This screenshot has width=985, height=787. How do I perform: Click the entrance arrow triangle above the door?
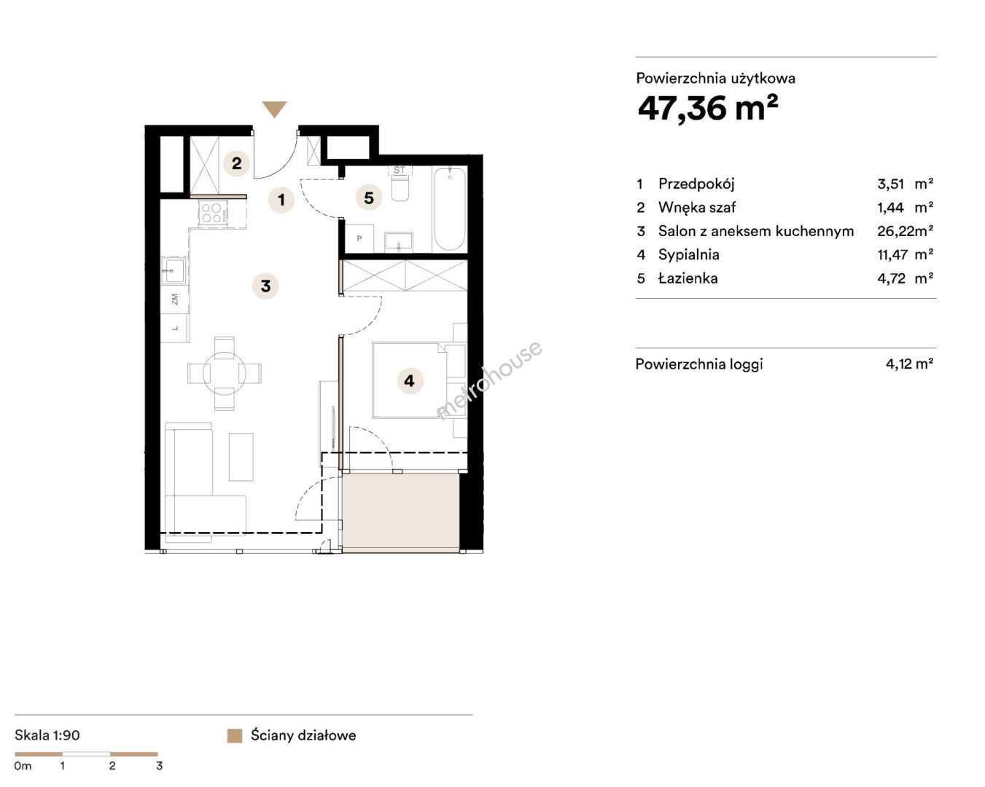pos(274,109)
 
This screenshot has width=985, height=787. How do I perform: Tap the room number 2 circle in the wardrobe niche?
pos(237,163)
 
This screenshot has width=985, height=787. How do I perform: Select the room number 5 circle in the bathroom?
pos(369,198)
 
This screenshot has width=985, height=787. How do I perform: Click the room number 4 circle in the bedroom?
pos(409,380)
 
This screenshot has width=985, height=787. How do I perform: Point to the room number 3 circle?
pos(265,286)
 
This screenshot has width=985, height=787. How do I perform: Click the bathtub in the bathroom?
pos(450,209)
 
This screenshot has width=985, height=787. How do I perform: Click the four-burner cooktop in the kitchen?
pos(214,213)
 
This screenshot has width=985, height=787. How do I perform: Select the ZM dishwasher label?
pos(174,299)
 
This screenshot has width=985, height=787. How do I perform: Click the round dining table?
pos(225,373)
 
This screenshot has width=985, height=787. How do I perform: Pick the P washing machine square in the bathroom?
pos(359,238)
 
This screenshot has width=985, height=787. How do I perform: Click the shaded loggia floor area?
pos(401,512)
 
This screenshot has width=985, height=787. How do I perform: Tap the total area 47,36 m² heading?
pos(708,109)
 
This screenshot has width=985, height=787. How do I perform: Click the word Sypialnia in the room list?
pos(689,255)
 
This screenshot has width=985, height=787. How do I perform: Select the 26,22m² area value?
pos(905,231)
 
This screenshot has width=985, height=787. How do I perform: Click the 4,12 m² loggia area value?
pos(909,364)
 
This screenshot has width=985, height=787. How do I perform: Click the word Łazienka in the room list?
pos(688,278)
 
